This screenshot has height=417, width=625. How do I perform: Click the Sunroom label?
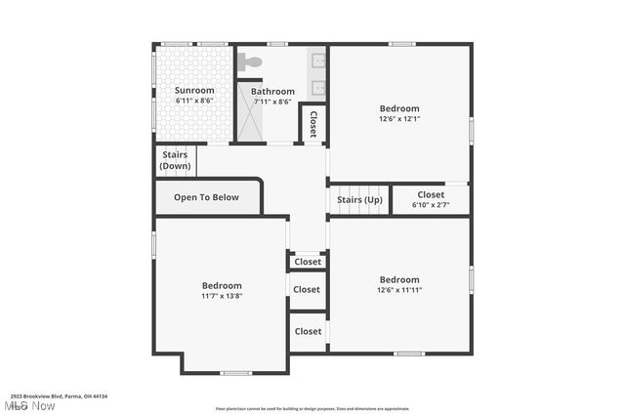(x=194, y=91)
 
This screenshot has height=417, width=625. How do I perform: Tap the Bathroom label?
(x=272, y=92)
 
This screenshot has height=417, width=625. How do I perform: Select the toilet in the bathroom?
(x=251, y=62)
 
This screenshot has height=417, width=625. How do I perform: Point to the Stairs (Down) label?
(x=175, y=160)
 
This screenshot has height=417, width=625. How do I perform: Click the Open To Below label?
(x=206, y=197)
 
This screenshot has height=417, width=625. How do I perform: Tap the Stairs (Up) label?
(x=359, y=200)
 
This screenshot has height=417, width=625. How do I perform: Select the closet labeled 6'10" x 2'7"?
(x=431, y=199)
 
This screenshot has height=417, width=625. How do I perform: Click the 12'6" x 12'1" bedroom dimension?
(x=398, y=119)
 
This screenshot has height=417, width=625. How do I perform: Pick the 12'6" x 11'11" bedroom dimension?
(x=398, y=290)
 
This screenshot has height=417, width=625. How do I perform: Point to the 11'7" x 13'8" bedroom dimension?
(x=222, y=296)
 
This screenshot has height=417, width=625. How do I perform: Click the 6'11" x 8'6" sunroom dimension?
(x=194, y=102)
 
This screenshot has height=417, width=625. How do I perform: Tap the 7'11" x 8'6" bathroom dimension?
(x=272, y=102)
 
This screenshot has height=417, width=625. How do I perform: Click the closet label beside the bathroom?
(x=312, y=124)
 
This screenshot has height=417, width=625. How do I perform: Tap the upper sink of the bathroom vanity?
(x=317, y=62)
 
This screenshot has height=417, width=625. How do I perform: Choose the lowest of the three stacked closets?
(x=308, y=331)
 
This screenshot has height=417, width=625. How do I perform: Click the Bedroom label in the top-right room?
(x=398, y=108)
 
